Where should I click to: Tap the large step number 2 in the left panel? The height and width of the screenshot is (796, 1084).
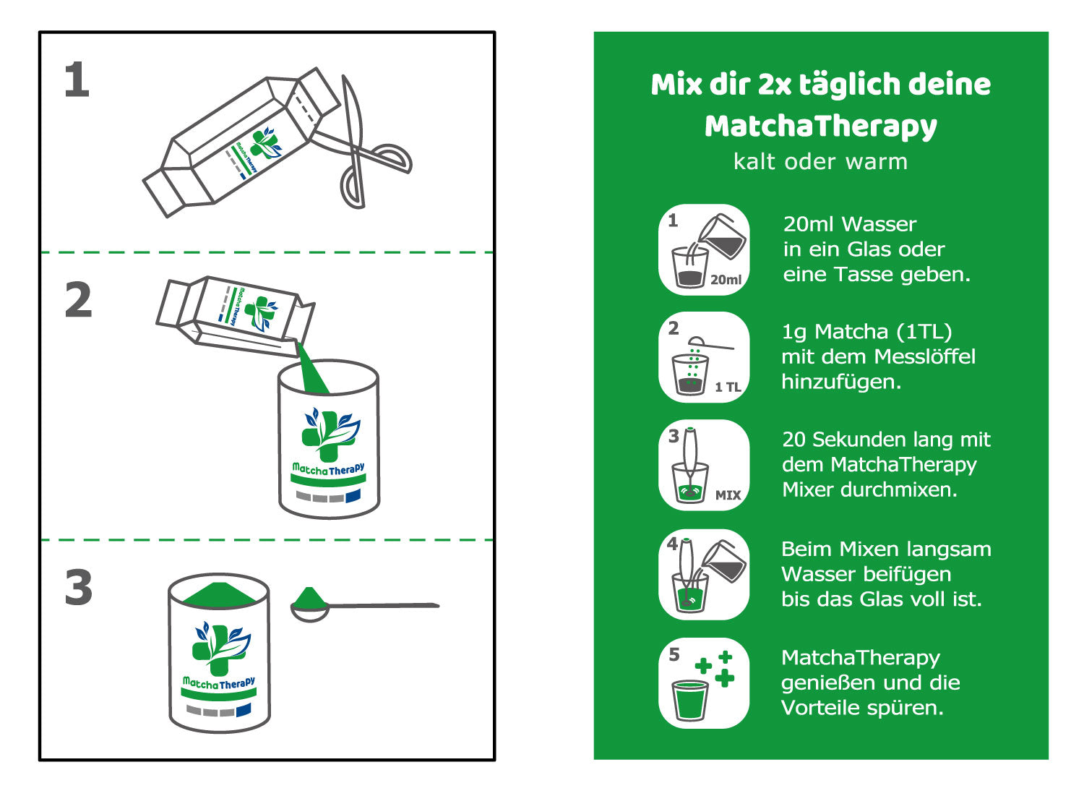78,299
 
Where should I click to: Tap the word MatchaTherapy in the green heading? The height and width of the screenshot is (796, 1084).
821,127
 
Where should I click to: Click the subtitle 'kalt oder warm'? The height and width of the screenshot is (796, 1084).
821,162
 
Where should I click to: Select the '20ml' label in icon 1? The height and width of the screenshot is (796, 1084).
726,280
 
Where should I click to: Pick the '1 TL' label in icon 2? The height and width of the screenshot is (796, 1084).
728,387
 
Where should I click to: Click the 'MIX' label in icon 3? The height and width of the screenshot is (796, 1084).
728,495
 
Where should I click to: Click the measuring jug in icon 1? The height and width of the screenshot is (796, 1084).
721,236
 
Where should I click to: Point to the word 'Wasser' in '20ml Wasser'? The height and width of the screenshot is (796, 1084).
879,225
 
